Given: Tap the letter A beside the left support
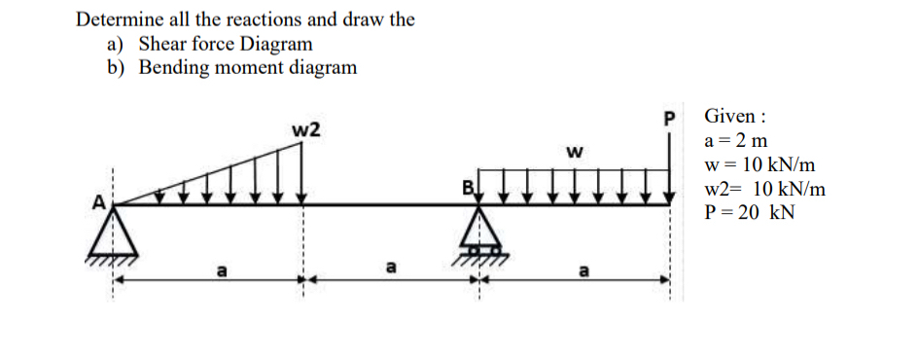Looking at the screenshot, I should (x=97, y=202).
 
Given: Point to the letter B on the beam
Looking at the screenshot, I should (x=468, y=186).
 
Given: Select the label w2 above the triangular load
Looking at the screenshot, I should (x=307, y=129).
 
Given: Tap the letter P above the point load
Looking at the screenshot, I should (x=667, y=119).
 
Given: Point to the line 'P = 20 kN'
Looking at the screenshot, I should (x=748, y=213).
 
